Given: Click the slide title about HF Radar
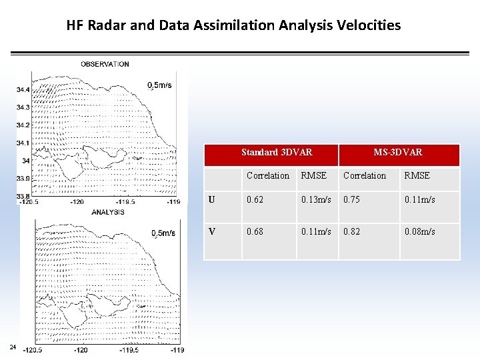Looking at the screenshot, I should (x=233, y=25).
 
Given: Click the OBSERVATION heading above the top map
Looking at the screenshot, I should (x=105, y=64).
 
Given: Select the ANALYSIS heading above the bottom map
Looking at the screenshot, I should (x=108, y=212).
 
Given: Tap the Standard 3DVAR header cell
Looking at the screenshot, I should (x=276, y=153).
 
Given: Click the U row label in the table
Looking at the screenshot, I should (x=212, y=199).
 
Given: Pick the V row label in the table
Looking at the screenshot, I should (x=212, y=231).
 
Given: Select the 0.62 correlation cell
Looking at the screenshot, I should (x=255, y=199).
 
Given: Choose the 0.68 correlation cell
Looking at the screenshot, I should (x=255, y=231).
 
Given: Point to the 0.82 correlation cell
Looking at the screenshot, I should (x=352, y=231).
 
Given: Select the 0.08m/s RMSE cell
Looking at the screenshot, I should (x=419, y=231).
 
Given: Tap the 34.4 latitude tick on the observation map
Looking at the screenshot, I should (x=23, y=89).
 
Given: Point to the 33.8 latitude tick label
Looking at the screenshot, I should (x=23, y=195).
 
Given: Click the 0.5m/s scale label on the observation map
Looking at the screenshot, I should (x=160, y=85).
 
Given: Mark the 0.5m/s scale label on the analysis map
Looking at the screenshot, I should (x=163, y=233).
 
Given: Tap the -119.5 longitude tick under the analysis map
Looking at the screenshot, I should (x=130, y=350).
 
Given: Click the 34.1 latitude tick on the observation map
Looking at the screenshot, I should (x=23, y=143).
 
